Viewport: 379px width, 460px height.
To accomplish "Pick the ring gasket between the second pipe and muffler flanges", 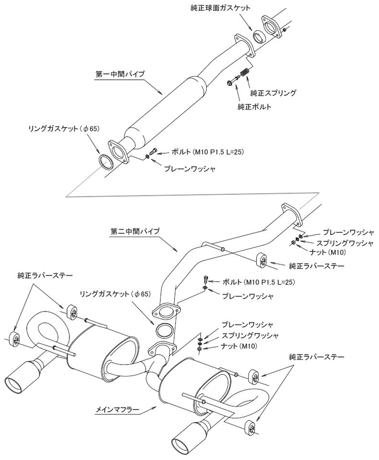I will [x=164, y=330].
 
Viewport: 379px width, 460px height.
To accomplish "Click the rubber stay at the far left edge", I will [x=15, y=338].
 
